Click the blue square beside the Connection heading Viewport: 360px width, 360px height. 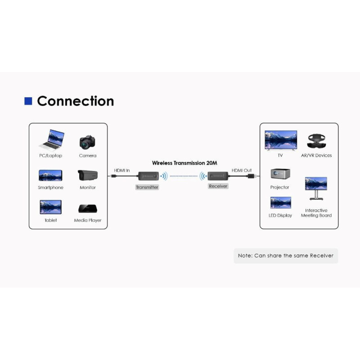tap(28, 101)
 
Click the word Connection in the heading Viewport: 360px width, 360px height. tap(75, 101)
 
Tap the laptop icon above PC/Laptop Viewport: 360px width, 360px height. tap(51, 140)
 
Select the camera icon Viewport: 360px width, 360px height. tap(87, 142)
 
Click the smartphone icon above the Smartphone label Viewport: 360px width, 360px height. tap(50, 175)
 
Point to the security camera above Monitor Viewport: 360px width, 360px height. tap(87, 175)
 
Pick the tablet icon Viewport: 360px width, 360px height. tap(50, 207)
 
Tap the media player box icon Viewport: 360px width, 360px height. tap(87, 209)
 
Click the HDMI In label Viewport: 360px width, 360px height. tap(121, 171)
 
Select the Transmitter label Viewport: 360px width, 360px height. tap(147, 187)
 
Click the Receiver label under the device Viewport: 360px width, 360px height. tap(218, 186)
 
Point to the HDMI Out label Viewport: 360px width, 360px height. tap(242, 171)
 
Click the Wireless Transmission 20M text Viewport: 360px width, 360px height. tap(184, 163)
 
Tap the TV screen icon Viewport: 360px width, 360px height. tap(281, 140)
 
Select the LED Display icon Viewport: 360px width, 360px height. tap(280, 203)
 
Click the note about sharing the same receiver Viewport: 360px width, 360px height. tap(286, 256)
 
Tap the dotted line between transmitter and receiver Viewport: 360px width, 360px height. tap(185, 176)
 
